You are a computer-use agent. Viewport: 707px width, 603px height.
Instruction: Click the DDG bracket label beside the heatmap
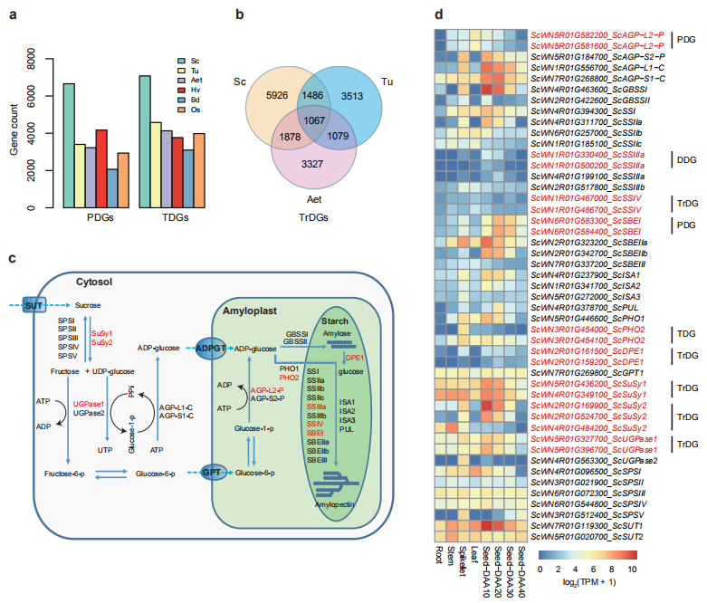684,160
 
